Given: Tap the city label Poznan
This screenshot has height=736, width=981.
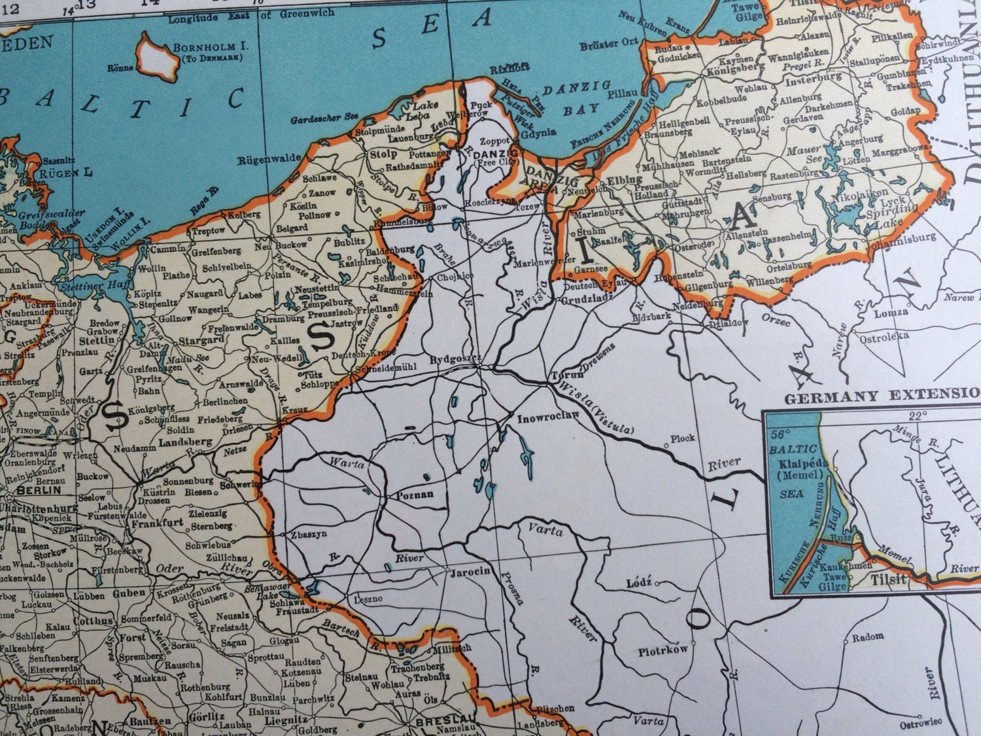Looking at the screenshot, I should coord(415,495).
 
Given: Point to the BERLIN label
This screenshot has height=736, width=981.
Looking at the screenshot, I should coord(39,489).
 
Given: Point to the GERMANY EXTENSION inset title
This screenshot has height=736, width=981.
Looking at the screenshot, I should coord(883,396).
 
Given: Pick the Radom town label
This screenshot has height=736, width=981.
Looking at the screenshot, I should coord(868,635).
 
